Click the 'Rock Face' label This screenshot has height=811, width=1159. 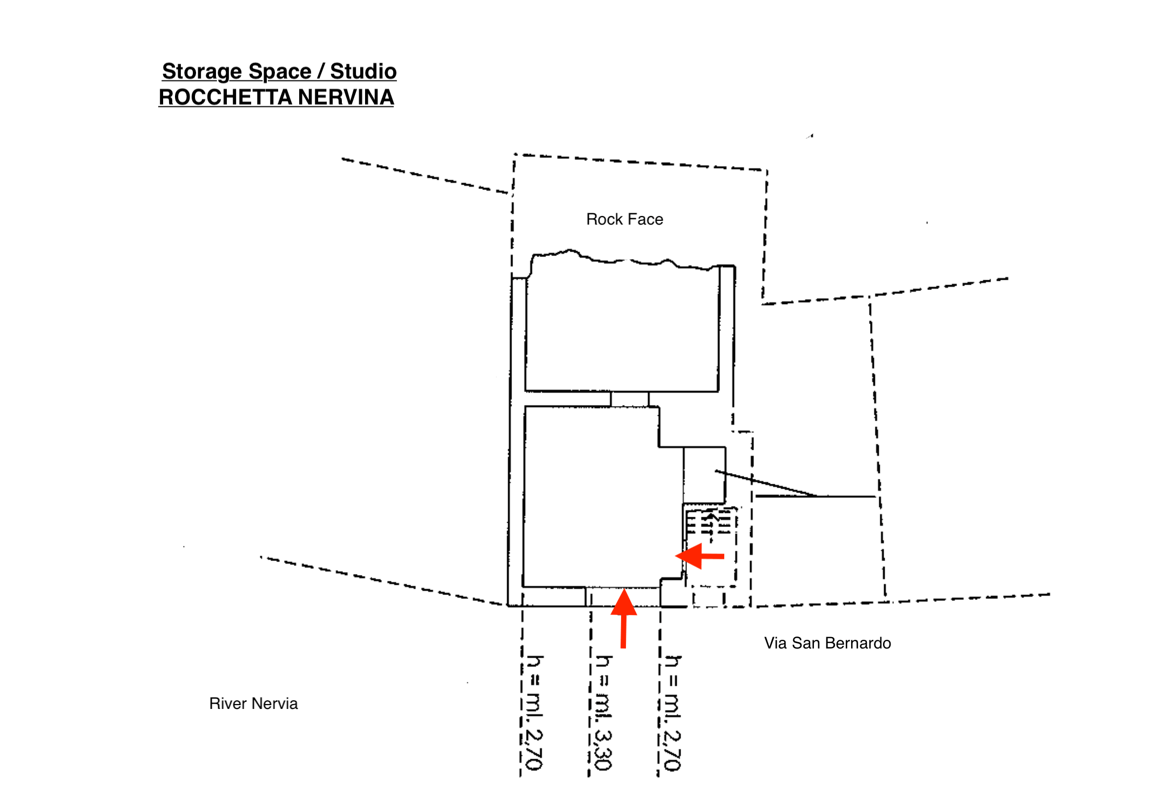(624, 219)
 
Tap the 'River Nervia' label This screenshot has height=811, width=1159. (253, 704)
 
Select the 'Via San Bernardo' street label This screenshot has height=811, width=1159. (827, 643)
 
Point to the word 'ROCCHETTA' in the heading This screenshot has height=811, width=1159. (225, 98)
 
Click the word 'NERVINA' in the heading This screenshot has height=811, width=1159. (346, 98)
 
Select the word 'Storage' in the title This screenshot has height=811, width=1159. (201, 71)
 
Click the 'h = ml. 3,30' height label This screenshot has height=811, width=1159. (603, 713)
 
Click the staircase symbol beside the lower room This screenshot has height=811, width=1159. (709, 524)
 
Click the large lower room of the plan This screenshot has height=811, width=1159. (591, 497)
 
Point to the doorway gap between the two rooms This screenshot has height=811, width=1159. (630, 399)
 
